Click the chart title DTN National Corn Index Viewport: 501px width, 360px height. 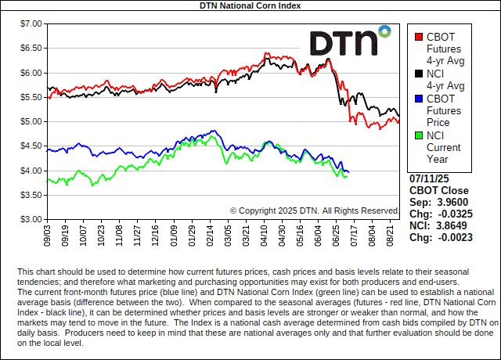[250, 5]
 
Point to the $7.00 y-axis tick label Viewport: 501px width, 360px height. [29, 23]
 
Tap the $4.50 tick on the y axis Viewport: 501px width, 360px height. [29, 146]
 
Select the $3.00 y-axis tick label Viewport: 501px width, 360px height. [29, 219]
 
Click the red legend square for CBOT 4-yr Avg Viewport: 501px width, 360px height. [419, 37]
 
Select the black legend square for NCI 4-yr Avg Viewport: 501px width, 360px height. [419, 74]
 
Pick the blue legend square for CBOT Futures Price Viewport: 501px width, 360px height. [419, 99]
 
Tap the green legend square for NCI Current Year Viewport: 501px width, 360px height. [419, 135]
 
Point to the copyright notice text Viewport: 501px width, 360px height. [315, 211]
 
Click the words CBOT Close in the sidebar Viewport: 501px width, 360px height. [439, 190]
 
